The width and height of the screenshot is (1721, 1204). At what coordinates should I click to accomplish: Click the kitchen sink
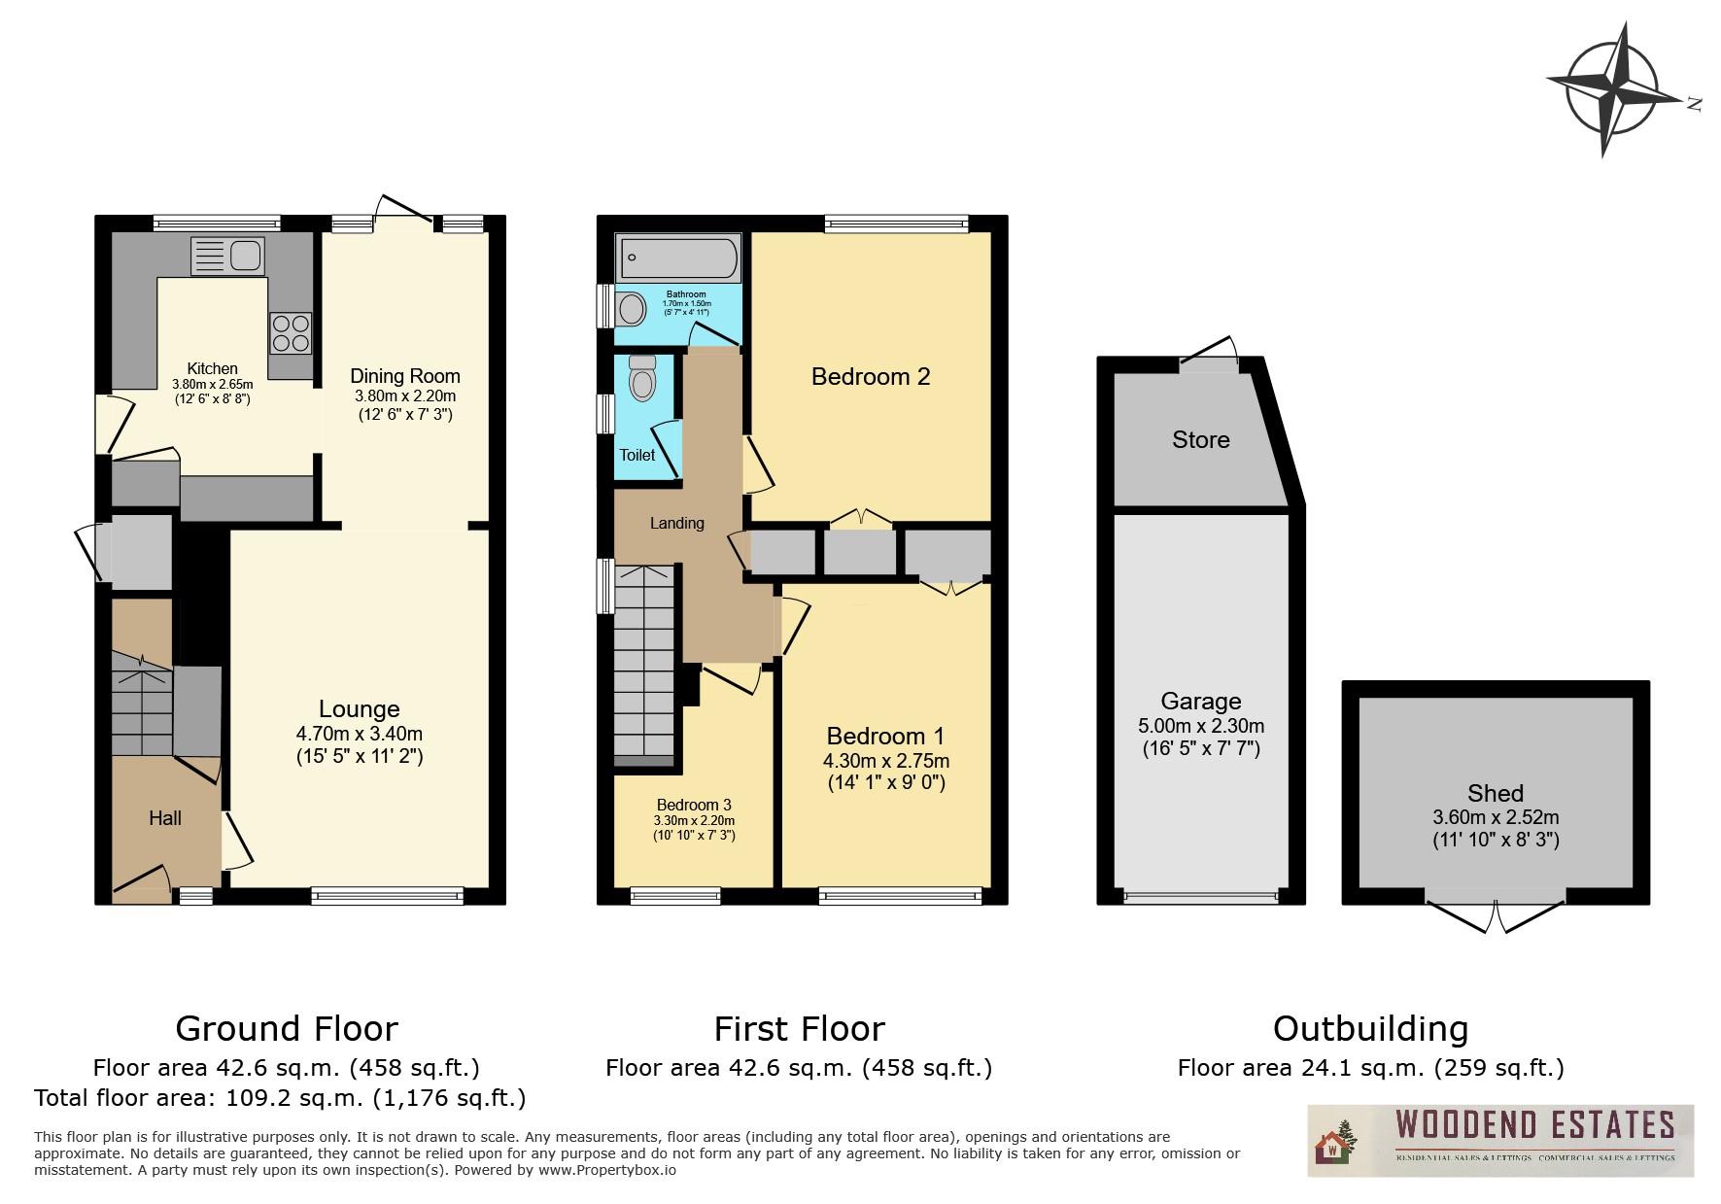click(229, 256)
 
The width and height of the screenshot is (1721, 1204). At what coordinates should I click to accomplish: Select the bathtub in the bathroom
click(677, 258)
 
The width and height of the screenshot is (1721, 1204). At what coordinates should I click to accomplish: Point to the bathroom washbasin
click(632, 310)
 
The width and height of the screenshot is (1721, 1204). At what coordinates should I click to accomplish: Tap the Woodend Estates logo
click(1499, 1140)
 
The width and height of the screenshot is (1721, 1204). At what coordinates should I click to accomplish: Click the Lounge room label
click(359, 709)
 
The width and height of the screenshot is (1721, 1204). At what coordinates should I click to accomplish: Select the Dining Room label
click(404, 376)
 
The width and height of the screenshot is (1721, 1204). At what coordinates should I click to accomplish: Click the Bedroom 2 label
click(871, 376)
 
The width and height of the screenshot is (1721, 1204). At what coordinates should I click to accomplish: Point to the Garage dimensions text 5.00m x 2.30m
click(1200, 726)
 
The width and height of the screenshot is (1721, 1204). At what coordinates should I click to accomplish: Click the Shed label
click(1496, 793)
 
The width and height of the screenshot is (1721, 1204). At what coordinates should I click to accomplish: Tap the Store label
click(1200, 440)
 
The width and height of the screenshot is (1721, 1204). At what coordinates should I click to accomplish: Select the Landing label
click(676, 523)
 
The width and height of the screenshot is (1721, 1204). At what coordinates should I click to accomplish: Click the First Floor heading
click(799, 1028)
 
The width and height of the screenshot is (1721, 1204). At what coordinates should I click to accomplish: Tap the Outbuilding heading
click(1370, 1028)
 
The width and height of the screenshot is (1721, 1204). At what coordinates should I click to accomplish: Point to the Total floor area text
click(280, 1098)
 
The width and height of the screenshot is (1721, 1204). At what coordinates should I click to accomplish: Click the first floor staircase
click(643, 661)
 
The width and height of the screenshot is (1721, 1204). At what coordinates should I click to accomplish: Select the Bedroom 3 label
click(693, 805)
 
